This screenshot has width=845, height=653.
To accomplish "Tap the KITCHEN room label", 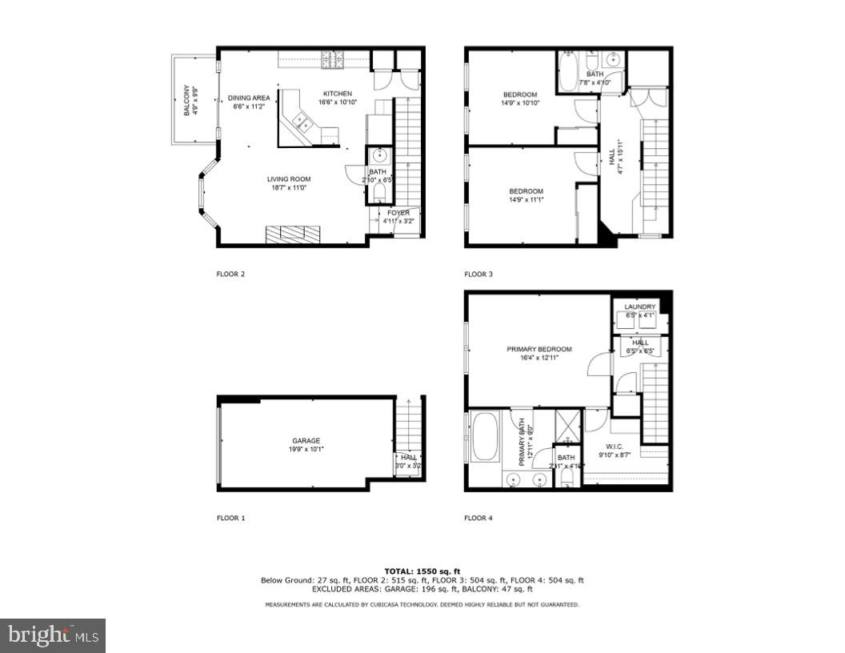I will click(x=337, y=94).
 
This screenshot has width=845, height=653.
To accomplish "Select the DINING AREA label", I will click(x=249, y=98).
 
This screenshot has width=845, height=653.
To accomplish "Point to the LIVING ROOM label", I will click(x=289, y=179).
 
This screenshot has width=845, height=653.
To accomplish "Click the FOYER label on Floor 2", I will click(x=398, y=213).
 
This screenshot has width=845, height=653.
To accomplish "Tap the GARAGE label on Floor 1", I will click(x=306, y=441).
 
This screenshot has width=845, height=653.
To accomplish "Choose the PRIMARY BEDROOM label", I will click(x=539, y=349).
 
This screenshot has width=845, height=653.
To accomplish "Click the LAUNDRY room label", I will click(x=640, y=306).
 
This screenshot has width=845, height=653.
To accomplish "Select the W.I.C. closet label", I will click(x=615, y=447).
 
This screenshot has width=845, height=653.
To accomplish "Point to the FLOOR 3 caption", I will click(x=479, y=274).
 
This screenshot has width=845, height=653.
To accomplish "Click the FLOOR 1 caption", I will click(x=230, y=518).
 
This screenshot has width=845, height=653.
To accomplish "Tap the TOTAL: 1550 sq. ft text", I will click(x=422, y=571).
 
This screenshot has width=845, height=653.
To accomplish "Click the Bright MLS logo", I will click(x=53, y=635).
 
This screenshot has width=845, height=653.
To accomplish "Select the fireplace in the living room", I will click(x=293, y=233).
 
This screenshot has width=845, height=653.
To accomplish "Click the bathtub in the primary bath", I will click(x=486, y=436).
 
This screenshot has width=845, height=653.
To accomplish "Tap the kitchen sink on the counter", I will click(x=302, y=122).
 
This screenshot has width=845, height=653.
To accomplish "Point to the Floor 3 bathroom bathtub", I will click(x=569, y=72).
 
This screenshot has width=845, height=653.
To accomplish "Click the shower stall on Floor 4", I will click(x=568, y=425).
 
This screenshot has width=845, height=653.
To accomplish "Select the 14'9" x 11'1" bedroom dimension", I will click(x=527, y=201).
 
